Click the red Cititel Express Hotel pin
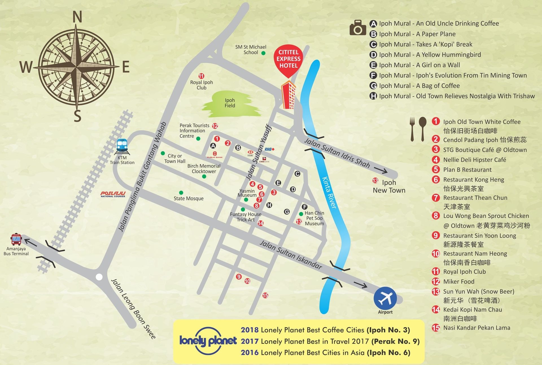[x=288, y=59]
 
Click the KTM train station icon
[x=122, y=146]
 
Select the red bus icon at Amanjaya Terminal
[x=16, y=239]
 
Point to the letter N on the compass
[x=77, y=17]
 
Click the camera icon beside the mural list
[x=358, y=28]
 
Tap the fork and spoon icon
[x=418, y=129]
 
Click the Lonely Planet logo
[x=208, y=341]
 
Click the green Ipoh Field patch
[x=230, y=103]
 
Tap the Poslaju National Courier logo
[x=113, y=194]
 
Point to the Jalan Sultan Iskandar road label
[x=290, y=255]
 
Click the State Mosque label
[x=188, y=198]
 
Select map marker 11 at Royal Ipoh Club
[x=201, y=76]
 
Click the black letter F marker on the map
[x=304, y=207]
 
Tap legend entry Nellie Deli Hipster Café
[x=474, y=160]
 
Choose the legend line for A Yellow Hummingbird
[x=430, y=55]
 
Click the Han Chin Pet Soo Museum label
[x=314, y=218]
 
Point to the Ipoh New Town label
[x=389, y=186]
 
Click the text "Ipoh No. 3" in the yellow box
[x=388, y=330]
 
